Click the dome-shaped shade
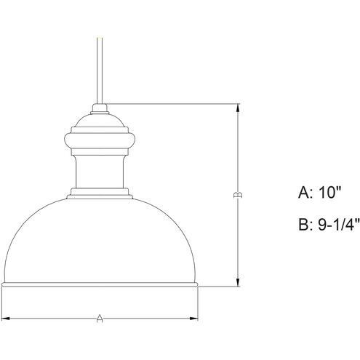pos(100,240)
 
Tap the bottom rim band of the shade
pos(100,284)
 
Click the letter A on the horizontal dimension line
pos(100,317)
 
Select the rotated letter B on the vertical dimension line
pos(237,195)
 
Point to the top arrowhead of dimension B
pos(237,106)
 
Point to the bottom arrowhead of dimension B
pos(237,284)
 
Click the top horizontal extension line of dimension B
pos(175,103)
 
